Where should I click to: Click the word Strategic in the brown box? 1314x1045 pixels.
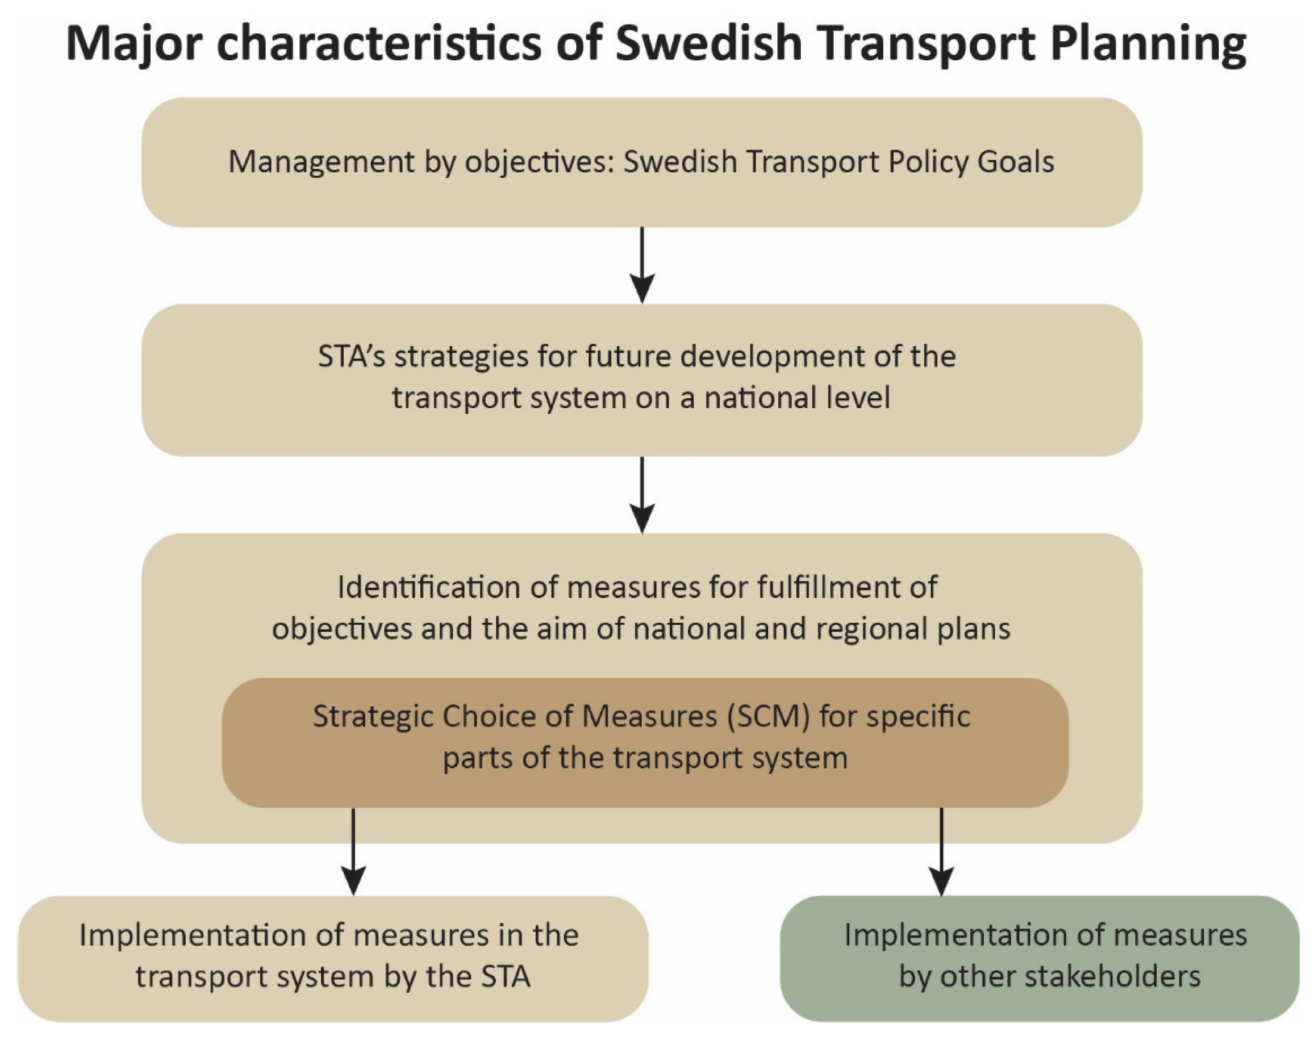pyautogui.click(x=373, y=717)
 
